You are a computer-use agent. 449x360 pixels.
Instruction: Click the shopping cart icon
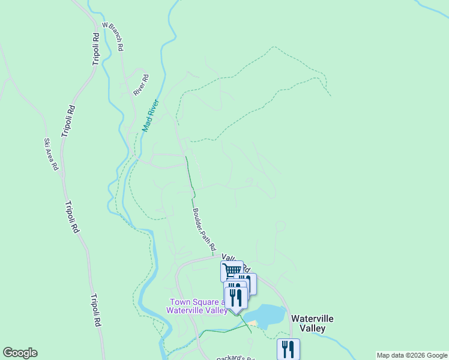coord(232,271)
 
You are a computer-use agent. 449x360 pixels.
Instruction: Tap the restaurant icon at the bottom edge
coord(288,349)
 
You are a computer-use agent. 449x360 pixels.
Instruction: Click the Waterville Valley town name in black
coord(312,323)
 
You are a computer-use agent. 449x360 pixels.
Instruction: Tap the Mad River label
coord(150,115)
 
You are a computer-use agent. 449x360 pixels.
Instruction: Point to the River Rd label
coord(140,85)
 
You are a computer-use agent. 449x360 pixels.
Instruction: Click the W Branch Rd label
coord(113,37)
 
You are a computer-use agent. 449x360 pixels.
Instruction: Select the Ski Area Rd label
coord(50,154)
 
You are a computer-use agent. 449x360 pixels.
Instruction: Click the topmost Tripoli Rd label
coord(96,48)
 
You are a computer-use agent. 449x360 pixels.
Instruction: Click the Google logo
coord(20,353)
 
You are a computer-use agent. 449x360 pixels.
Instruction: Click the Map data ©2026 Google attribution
coord(412,355)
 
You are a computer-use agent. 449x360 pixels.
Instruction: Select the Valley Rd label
coord(237,263)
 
